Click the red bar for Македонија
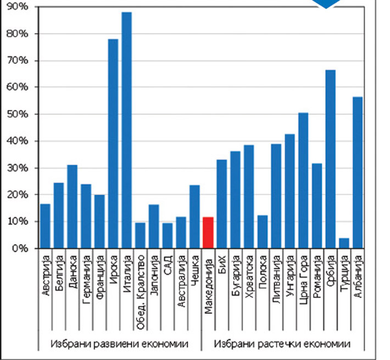(x=208, y=233)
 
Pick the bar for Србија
(x=330, y=159)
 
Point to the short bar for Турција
(x=344, y=243)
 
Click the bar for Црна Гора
(x=303, y=181)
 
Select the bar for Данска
(x=72, y=207)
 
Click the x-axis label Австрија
(x=46, y=273)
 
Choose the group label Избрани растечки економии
(x=282, y=344)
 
